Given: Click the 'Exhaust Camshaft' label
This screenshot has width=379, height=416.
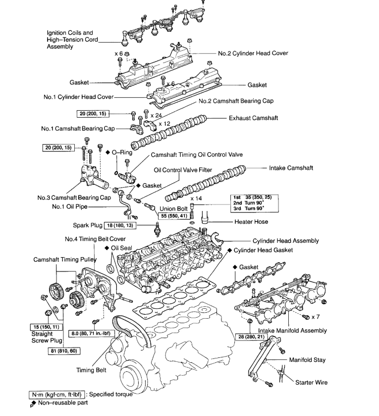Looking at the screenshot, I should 253,119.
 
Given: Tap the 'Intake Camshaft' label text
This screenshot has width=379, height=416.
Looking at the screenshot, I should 291,168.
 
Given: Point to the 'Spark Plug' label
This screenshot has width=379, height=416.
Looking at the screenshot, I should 88,225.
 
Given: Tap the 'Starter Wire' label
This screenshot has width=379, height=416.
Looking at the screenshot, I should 311,383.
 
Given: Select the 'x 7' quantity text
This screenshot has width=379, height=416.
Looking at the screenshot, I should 315,316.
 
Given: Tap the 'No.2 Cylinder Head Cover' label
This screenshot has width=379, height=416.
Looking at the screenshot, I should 253,53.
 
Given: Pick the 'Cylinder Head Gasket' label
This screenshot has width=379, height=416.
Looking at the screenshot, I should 263,250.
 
